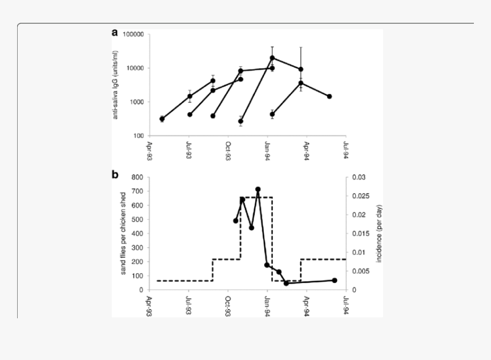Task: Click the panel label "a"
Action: click(x=115, y=33)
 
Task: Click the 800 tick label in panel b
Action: click(x=137, y=177)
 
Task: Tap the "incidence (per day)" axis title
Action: click(x=378, y=233)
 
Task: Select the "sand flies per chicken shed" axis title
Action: click(x=123, y=233)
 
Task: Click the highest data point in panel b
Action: click(x=258, y=189)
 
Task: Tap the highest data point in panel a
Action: click(x=272, y=58)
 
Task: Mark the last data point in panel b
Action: click(x=335, y=280)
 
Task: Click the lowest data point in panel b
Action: click(x=286, y=283)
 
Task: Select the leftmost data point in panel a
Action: click(x=162, y=119)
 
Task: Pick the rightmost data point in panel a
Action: click(x=329, y=97)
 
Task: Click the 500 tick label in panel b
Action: click(x=137, y=219)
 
